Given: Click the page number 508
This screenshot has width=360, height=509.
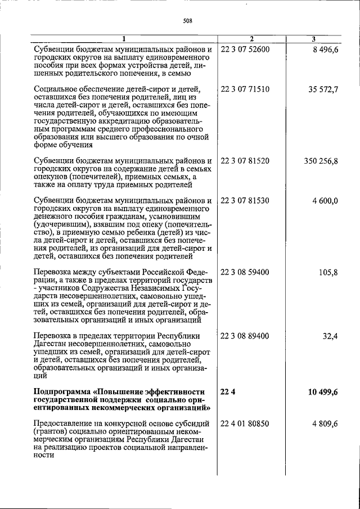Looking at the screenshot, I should coord(188,21).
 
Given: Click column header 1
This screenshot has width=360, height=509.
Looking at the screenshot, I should coord(124,39).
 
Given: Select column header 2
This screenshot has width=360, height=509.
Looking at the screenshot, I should coord(251,39).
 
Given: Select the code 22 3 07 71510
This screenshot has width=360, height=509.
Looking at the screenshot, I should coord(245,89).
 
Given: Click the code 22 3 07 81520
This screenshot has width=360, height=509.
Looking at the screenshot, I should coord(245,161).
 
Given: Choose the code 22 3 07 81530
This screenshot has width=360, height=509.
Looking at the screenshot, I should coord(245,200).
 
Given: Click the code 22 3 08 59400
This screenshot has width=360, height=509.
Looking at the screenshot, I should coord(245,272).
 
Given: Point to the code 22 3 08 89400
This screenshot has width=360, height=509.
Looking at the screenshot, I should coord(245,336).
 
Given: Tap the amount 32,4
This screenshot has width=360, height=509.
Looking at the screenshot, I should coord(329,336).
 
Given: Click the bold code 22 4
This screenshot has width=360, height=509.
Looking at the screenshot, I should coord(227,391).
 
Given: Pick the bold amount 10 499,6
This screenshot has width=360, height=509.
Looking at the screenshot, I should coord(322,392).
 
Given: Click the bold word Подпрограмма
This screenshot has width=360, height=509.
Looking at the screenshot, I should coord(63,391).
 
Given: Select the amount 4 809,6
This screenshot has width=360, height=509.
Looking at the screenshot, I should coord(323,424).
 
